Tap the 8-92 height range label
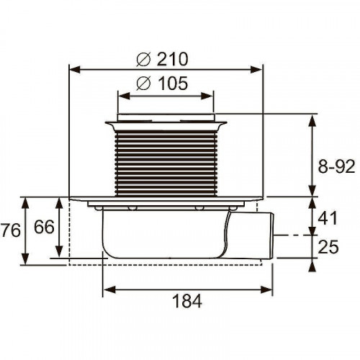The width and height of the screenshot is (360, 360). coord(336,167)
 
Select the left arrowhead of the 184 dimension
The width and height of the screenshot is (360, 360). coord(107,290)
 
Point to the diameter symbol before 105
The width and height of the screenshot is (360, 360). coord(143,84)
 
